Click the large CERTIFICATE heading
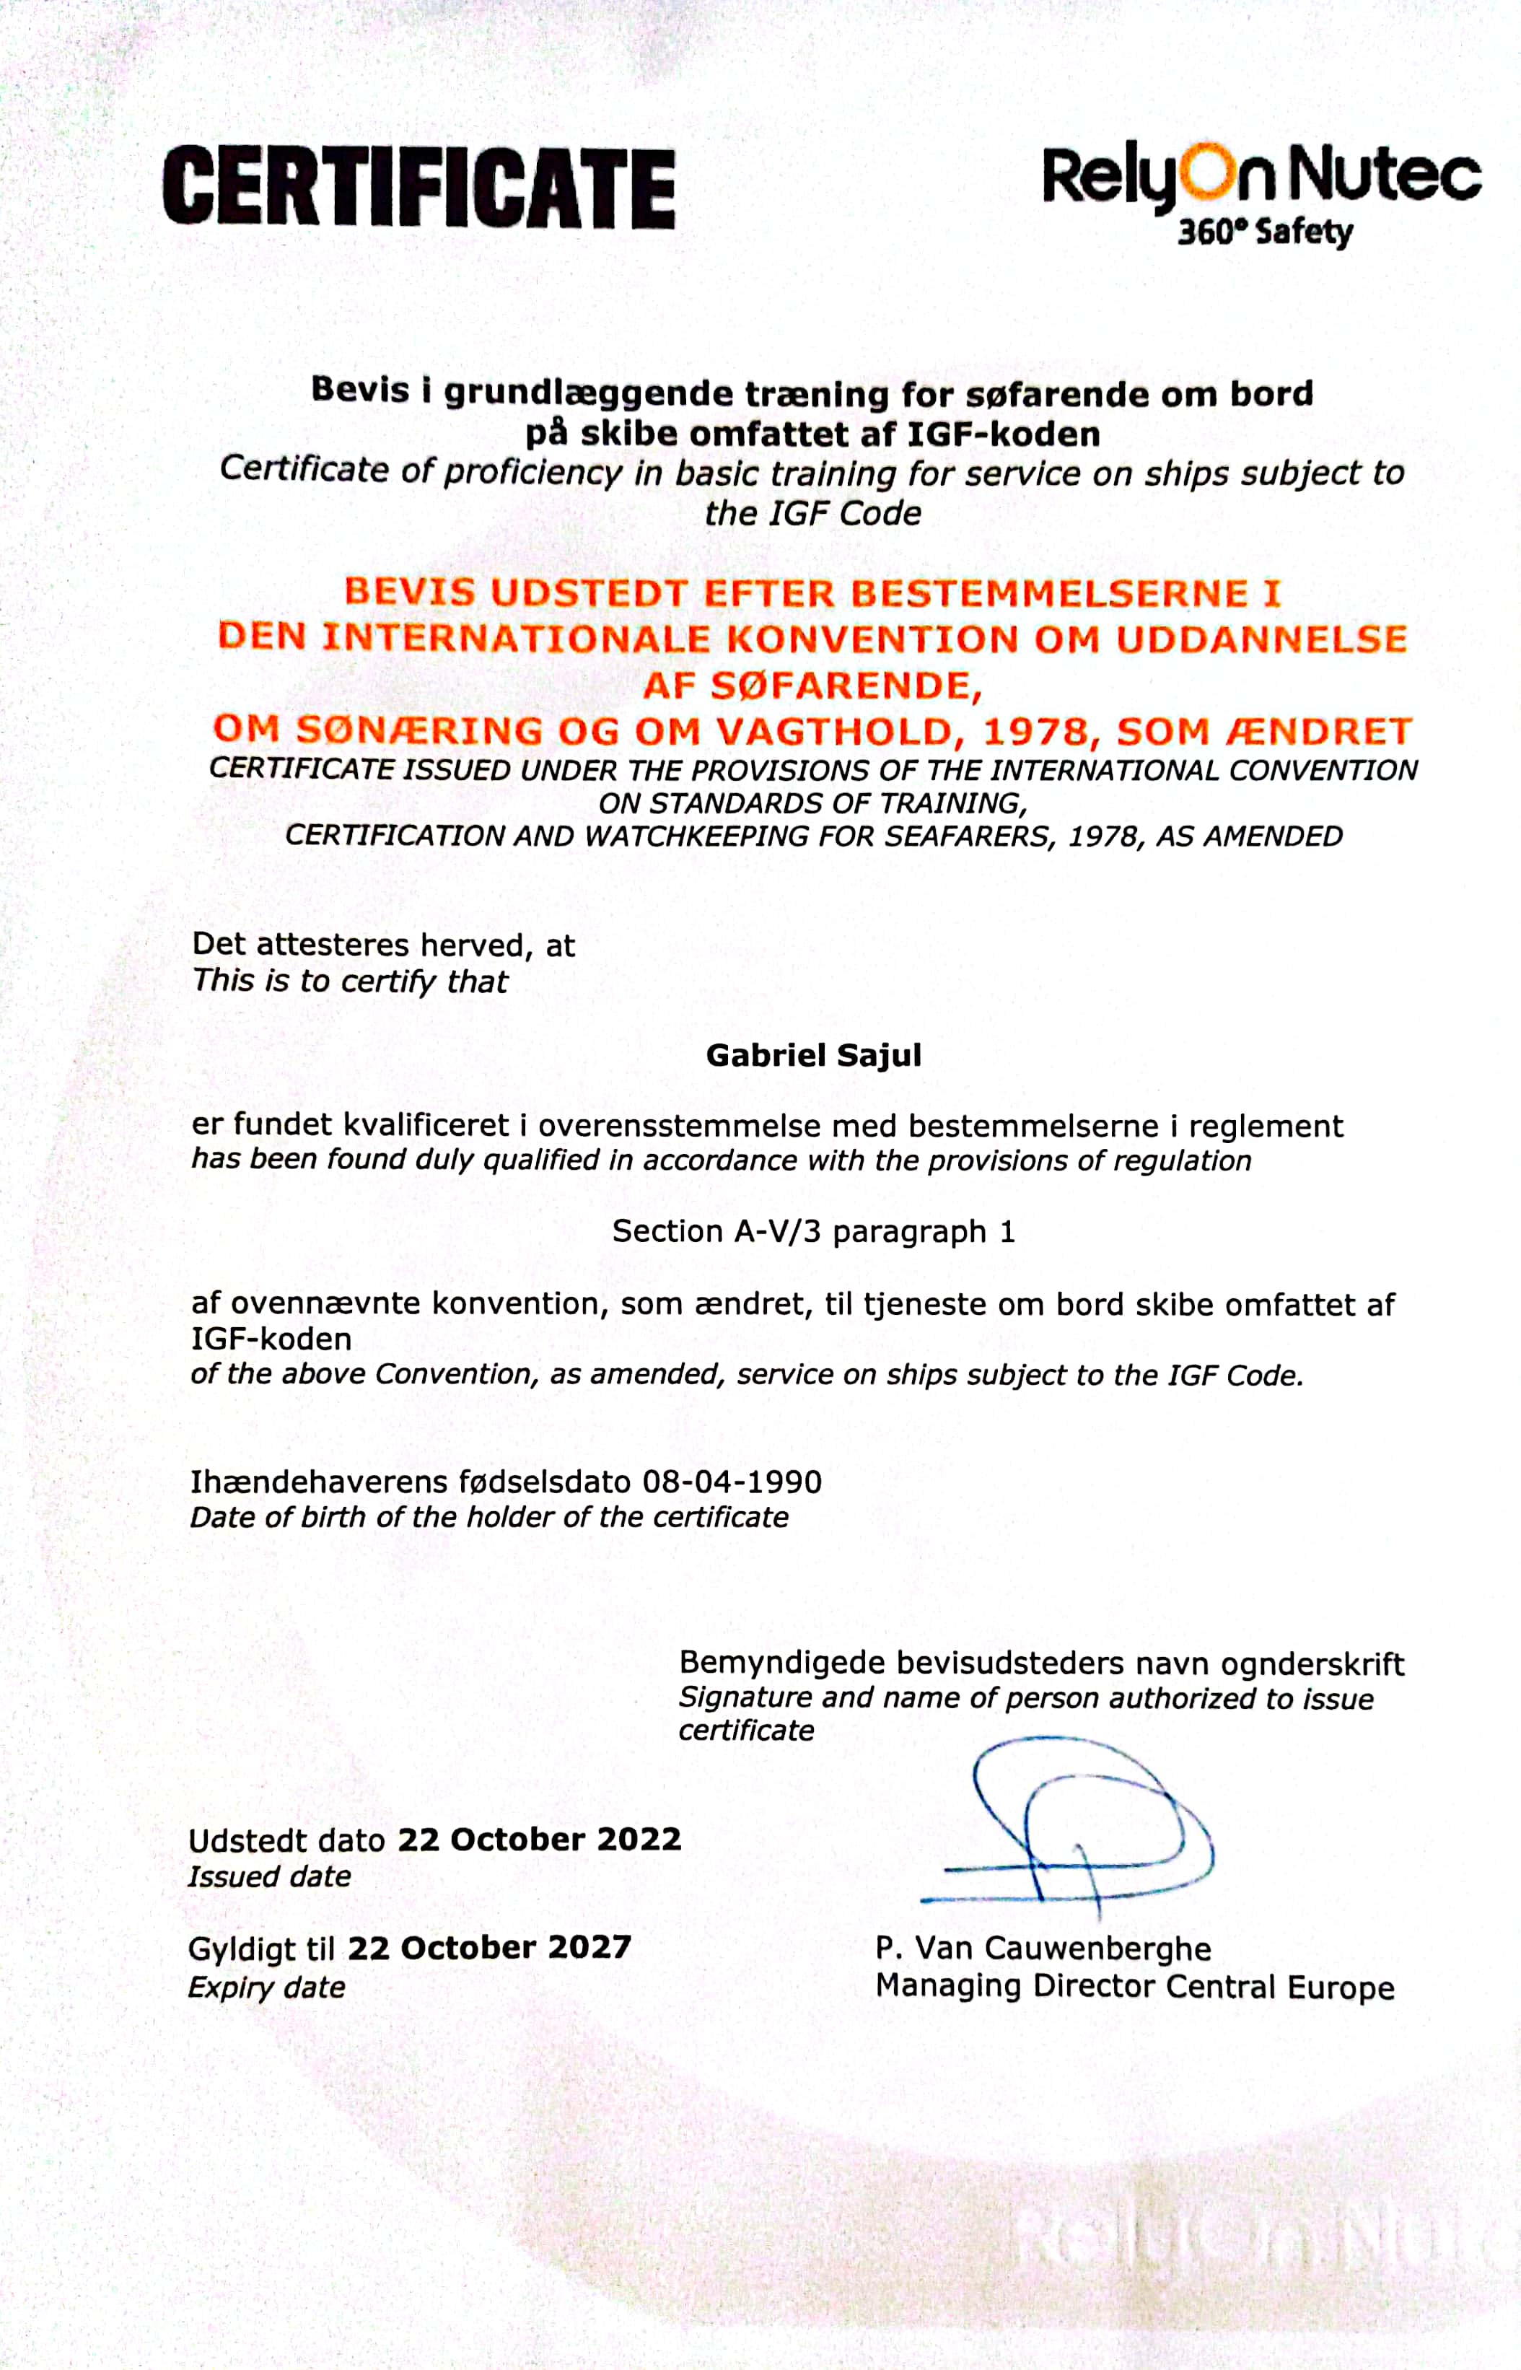pyautogui.click(x=418, y=187)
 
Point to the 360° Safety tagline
pyautogui.click(x=1264, y=233)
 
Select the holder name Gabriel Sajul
pyautogui.click(x=814, y=1055)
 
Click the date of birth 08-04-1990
pyautogui.click(x=732, y=1482)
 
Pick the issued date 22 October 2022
pyautogui.click(x=539, y=1840)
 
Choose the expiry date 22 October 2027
pyautogui.click(x=489, y=1947)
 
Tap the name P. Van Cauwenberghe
pyautogui.click(x=1043, y=1948)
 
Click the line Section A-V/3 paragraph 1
pyautogui.click(x=813, y=1231)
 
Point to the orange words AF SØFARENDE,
pyautogui.click(x=813, y=685)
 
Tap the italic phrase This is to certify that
pyautogui.click(x=350, y=981)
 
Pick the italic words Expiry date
pyautogui.click(x=267, y=1987)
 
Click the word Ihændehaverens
pyautogui.click(x=320, y=1482)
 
